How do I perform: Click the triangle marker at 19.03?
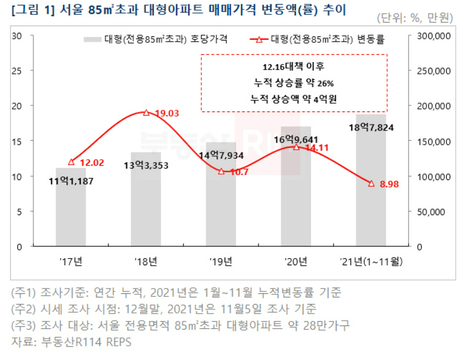coord(146,112)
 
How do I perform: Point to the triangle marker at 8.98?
coord(371,183)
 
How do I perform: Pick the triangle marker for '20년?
coord(296,147)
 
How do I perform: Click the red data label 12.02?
coord(92,162)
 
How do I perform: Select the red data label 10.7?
coord(238,172)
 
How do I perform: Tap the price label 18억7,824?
coord(371,127)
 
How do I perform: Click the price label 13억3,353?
coord(147,165)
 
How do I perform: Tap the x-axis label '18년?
coord(146,261)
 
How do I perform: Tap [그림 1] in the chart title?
coord(31,10)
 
